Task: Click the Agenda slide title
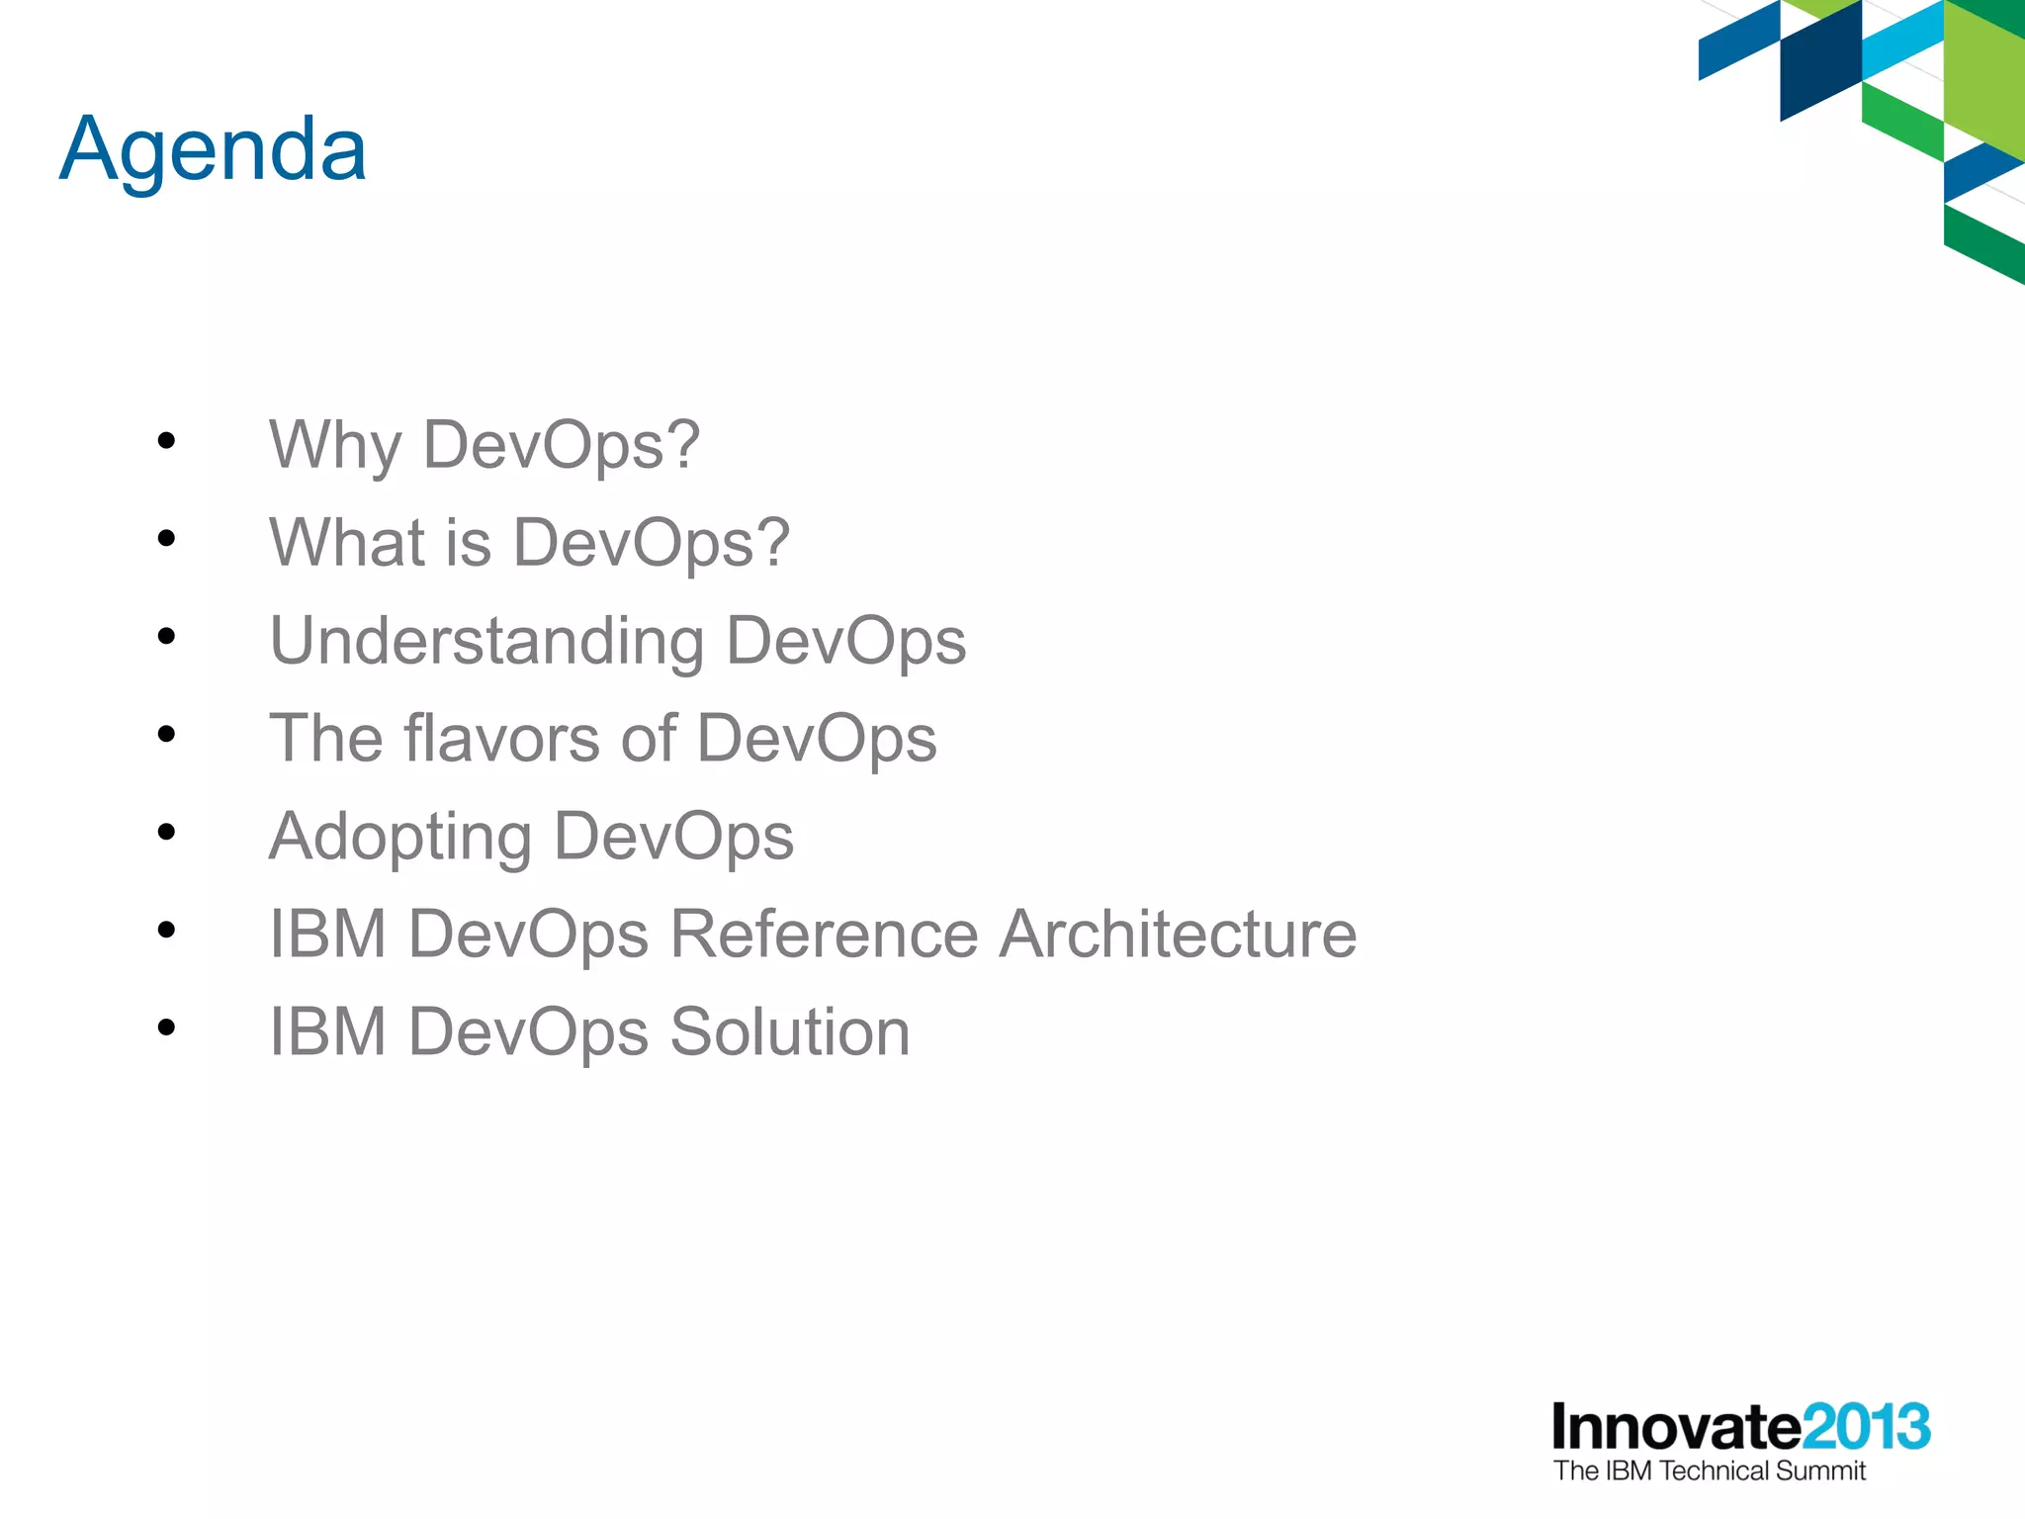(x=213, y=150)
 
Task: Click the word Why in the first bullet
(x=335, y=444)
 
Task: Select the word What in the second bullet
(x=347, y=542)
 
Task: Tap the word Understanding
(x=486, y=641)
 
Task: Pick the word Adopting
(x=400, y=837)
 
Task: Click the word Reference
(x=824, y=934)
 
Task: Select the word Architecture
(x=1178, y=934)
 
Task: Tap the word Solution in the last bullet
(x=790, y=1031)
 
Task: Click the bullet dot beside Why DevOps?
(x=166, y=441)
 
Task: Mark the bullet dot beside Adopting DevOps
(x=166, y=833)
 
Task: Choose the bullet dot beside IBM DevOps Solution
(x=166, y=1028)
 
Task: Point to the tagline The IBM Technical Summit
(x=1710, y=1472)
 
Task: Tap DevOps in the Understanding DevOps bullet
(x=845, y=641)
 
